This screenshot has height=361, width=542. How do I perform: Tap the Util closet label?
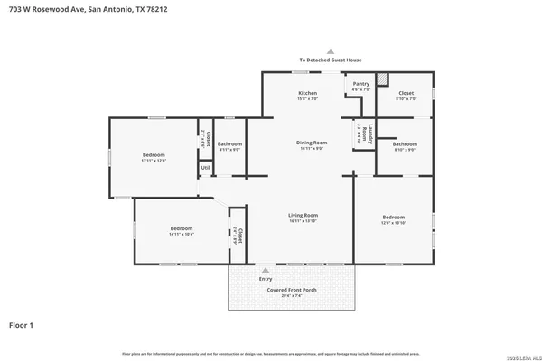[205, 167]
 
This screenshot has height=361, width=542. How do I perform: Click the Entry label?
[266, 279]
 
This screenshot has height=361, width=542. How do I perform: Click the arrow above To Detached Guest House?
[331, 51]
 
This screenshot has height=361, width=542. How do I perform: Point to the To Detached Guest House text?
[331, 60]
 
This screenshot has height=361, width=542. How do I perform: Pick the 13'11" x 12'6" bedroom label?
[154, 158]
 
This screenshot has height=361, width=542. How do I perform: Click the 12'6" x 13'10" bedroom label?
[393, 219]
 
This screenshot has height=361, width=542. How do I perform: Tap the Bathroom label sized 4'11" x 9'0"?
[229, 146]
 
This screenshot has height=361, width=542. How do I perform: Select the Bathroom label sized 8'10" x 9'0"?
[404, 147]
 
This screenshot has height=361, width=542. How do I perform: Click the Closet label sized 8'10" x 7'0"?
[406, 96]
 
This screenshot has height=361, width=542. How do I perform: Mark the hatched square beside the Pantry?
[382, 79]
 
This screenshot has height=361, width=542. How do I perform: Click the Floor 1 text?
[21, 324]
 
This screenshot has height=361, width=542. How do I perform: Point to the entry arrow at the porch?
[266, 269]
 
